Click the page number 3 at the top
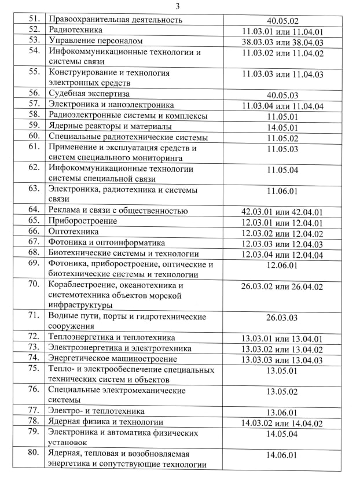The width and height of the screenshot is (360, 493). (x=178, y=6)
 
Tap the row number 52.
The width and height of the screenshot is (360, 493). (x=35, y=30)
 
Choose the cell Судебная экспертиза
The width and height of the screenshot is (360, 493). (x=89, y=93)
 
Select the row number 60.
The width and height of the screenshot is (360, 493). (x=35, y=137)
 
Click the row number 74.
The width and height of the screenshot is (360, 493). (x=35, y=358)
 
